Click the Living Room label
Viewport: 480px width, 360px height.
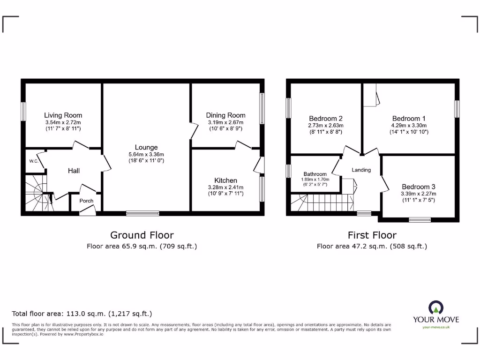coord(63,115)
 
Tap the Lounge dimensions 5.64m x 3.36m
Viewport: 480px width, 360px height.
coord(146,155)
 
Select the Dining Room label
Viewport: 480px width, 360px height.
coord(225,115)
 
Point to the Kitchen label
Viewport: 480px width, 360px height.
coord(225,180)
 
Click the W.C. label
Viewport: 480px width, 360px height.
coord(33,161)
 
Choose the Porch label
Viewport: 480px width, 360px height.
coord(86,201)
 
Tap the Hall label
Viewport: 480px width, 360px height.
coord(74,171)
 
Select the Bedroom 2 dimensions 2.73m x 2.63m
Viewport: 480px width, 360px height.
coord(326,126)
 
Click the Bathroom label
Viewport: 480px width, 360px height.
coord(315,174)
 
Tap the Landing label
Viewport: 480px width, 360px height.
coord(361,170)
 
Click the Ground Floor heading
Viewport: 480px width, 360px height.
coord(142,235)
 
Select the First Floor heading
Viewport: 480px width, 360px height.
coord(372,235)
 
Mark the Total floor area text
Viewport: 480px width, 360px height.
coord(82,314)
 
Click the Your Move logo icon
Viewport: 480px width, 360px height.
coord(435,308)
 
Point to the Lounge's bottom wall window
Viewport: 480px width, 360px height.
coord(142,213)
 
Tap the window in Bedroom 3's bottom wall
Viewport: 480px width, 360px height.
coord(420,219)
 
